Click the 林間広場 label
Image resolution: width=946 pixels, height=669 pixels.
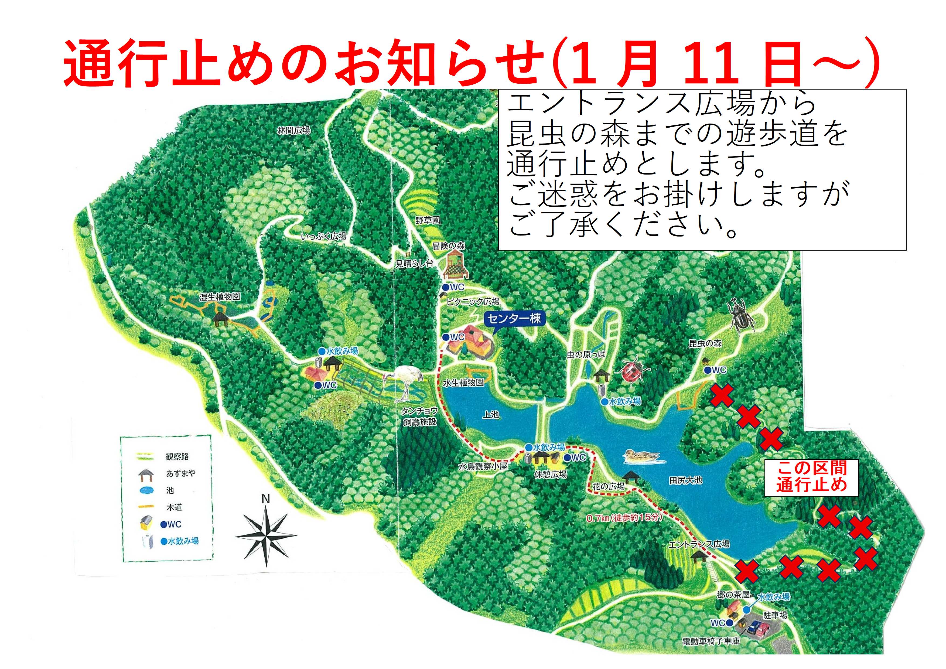pyautogui.click(x=293, y=131)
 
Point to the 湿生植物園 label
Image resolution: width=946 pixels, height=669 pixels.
pyautogui.click(x=220, y=297)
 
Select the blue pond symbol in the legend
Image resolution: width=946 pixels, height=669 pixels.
pyautogui.click(x=146, y=491)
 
